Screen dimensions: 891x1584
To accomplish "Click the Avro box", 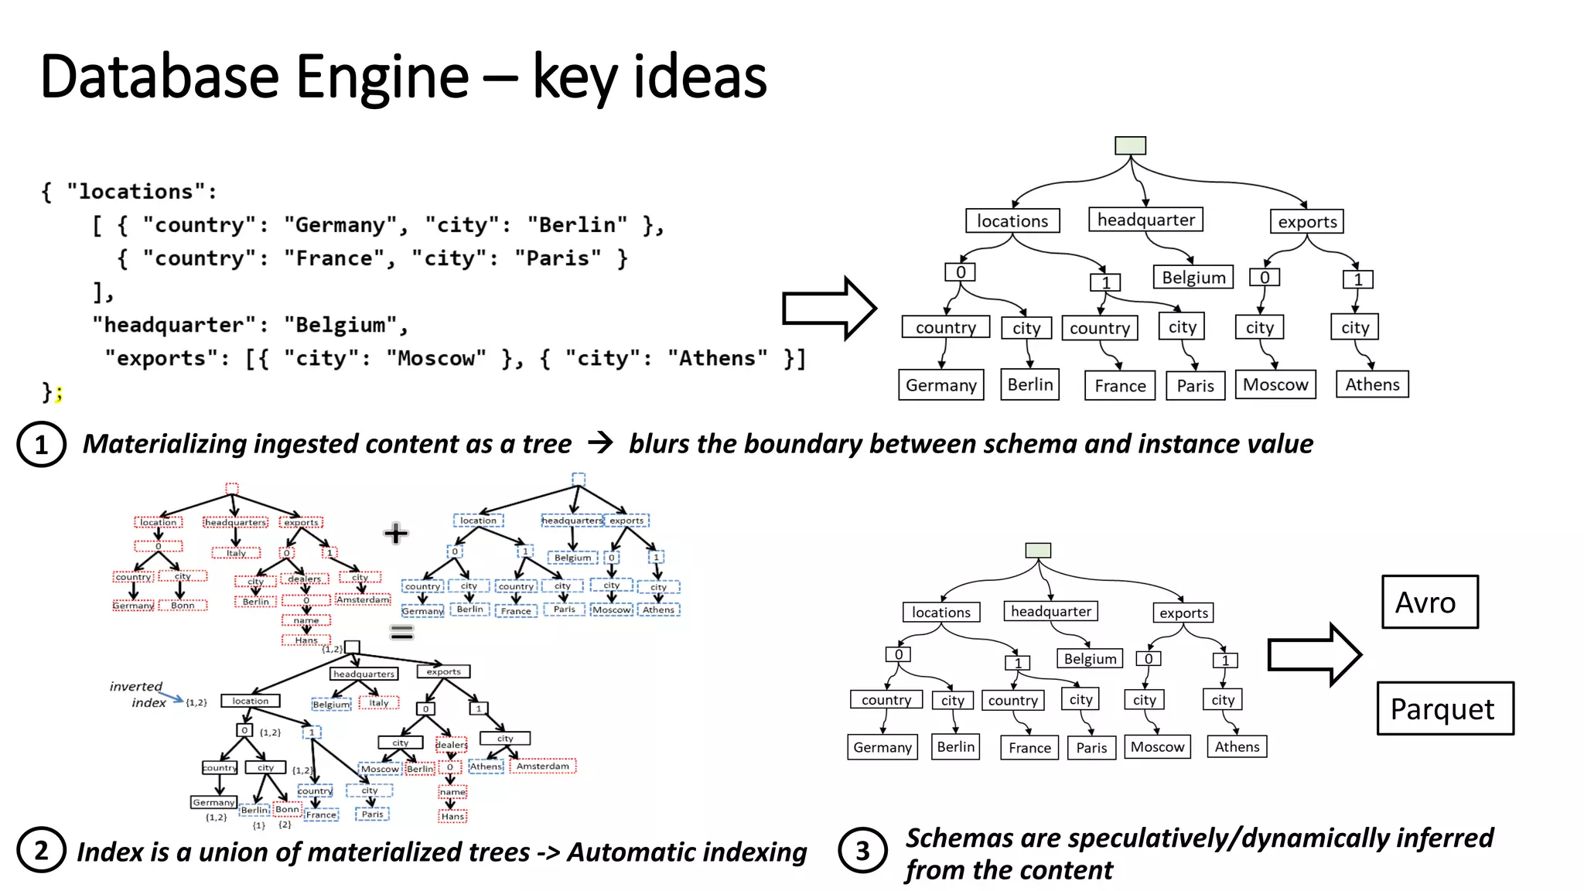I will point(1429,602).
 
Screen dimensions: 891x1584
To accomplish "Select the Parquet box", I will point(1444,708).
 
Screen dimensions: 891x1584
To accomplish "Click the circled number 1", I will point(42,445).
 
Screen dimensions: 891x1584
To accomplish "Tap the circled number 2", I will point(41,850).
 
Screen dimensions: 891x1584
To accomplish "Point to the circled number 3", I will point(862,851).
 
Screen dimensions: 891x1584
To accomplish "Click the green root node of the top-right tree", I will point(1130,145).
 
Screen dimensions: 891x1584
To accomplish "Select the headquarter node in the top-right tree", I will point(1145,220).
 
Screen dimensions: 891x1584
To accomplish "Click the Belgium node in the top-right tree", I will point(1193,278).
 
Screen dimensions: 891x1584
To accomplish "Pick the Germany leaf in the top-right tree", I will point(940,385).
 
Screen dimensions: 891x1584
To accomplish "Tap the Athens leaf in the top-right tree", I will point(1372,384).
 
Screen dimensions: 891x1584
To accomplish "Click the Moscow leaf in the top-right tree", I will point(1275,384).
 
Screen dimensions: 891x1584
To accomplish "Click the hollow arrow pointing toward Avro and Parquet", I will point(1313,655).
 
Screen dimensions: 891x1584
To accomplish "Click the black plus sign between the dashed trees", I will point(395,533).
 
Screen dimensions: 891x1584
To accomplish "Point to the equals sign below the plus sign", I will point(401,633).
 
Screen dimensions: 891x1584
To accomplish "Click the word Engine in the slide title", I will point(382,77).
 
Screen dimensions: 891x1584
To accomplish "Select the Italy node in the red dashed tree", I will point(236,553).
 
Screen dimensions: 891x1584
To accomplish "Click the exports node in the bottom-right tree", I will point(1183,613).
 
